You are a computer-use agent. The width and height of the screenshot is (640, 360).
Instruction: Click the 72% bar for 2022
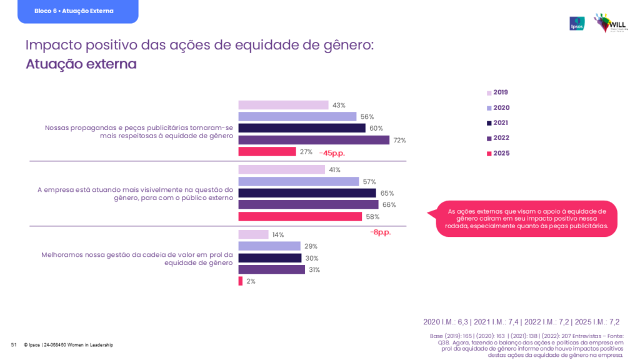(314, 140)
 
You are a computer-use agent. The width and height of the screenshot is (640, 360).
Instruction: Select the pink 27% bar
(267, 151)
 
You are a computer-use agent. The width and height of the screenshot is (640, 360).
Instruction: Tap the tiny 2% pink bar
(241, 281)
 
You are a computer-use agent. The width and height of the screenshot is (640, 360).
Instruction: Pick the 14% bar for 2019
(253, 234)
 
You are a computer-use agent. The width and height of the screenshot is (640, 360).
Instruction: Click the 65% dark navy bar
(307, 193)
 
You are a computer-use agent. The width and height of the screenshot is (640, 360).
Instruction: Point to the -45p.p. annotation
(332, 152)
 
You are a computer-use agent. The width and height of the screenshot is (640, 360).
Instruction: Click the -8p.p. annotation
(380, 232)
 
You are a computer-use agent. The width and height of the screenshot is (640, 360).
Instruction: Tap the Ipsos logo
(577, 24)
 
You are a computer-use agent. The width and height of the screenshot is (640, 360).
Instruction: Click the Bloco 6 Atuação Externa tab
(77, 11)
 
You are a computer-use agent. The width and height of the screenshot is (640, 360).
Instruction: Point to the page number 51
(13, 345)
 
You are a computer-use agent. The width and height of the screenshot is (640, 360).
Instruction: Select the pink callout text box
(527, 219)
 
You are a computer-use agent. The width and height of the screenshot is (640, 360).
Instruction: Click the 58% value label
(372, 217)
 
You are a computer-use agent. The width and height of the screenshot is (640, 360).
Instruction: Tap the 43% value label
(339, 106)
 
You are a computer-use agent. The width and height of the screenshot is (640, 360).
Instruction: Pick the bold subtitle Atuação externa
(81, 64)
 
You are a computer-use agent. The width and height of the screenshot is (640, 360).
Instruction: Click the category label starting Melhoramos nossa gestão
(137, 259)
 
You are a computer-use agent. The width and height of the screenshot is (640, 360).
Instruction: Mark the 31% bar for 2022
(271, 269)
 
